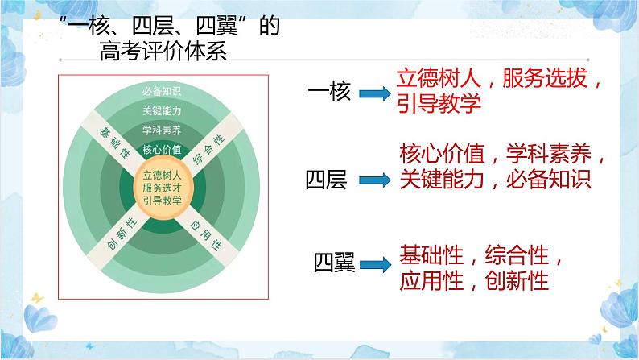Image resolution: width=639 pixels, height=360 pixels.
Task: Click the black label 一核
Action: click(x=330, y=92)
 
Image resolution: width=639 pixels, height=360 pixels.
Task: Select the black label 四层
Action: click(x=326, y=180)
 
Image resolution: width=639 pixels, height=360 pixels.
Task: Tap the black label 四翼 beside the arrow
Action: click(x=332, y=263)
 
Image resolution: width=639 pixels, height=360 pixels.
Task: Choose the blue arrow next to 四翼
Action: click(x=376, y=263)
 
